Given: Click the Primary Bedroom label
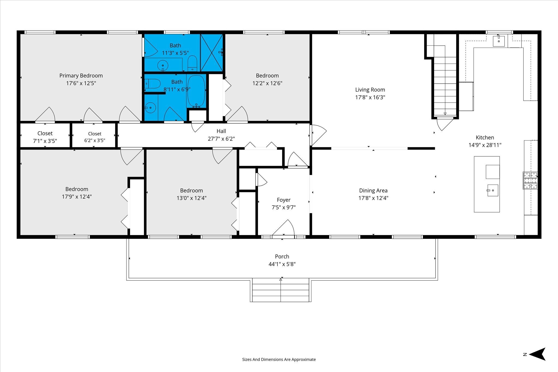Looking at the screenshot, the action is [81, 76].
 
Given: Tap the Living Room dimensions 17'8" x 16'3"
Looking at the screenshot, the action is [370, 97].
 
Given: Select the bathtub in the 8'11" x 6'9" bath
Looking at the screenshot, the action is [196, 91].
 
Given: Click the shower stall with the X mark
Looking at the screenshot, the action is [212, 53].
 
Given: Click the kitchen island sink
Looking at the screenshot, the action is [493, 190].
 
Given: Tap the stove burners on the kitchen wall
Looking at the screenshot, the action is [530, 180].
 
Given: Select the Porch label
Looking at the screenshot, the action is [282, 257].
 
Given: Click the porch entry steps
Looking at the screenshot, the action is [281, 290].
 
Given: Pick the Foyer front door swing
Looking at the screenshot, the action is [283, 227].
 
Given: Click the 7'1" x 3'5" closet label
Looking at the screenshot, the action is [45, 137].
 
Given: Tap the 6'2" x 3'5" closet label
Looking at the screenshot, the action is [95, 137].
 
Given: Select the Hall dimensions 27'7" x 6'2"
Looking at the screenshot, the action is [221, 139].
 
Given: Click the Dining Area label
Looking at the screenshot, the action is [373, 191].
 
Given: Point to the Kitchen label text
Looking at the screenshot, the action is [485, 138].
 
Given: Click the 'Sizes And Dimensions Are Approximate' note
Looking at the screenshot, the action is [279, 359].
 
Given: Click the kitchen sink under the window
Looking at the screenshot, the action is [499, 41].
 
